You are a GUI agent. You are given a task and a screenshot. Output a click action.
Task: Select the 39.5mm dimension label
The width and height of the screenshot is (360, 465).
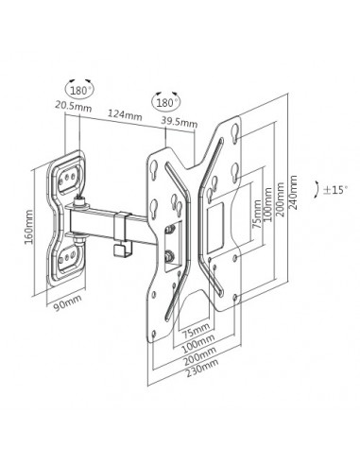[179, 123]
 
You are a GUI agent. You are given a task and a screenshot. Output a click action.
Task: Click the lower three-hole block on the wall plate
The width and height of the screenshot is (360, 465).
[69, 254]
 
